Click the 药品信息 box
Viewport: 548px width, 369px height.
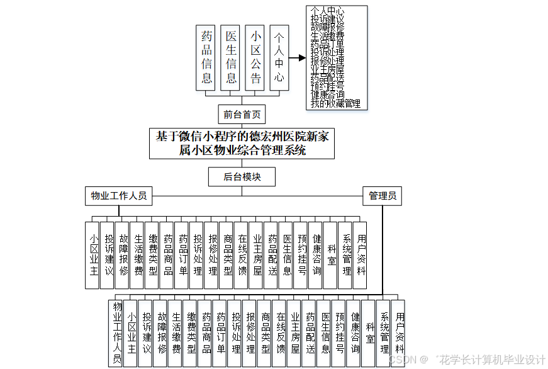pos(206,57)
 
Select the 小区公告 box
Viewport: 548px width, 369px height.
pos(255,57)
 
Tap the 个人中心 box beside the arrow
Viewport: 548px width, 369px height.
pos(279,57)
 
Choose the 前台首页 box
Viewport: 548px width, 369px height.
pos(242,115)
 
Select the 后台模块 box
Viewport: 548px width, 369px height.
pos(242,177)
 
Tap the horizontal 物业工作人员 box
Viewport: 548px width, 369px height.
pos(119,196)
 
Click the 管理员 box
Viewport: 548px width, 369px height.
pos(383,196)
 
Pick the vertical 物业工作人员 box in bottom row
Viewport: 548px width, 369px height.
pos(116,332)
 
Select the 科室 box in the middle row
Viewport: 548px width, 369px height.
pos(330,255)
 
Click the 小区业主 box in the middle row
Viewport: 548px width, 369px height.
pos(92,255)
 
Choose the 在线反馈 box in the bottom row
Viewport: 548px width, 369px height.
pos(279,332)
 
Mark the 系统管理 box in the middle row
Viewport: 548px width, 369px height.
pos(345,255)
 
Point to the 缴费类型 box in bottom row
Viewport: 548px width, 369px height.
pos(191,332)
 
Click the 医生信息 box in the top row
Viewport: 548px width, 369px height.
pos(231,57)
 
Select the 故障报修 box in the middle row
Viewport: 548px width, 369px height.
pos(122,255)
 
